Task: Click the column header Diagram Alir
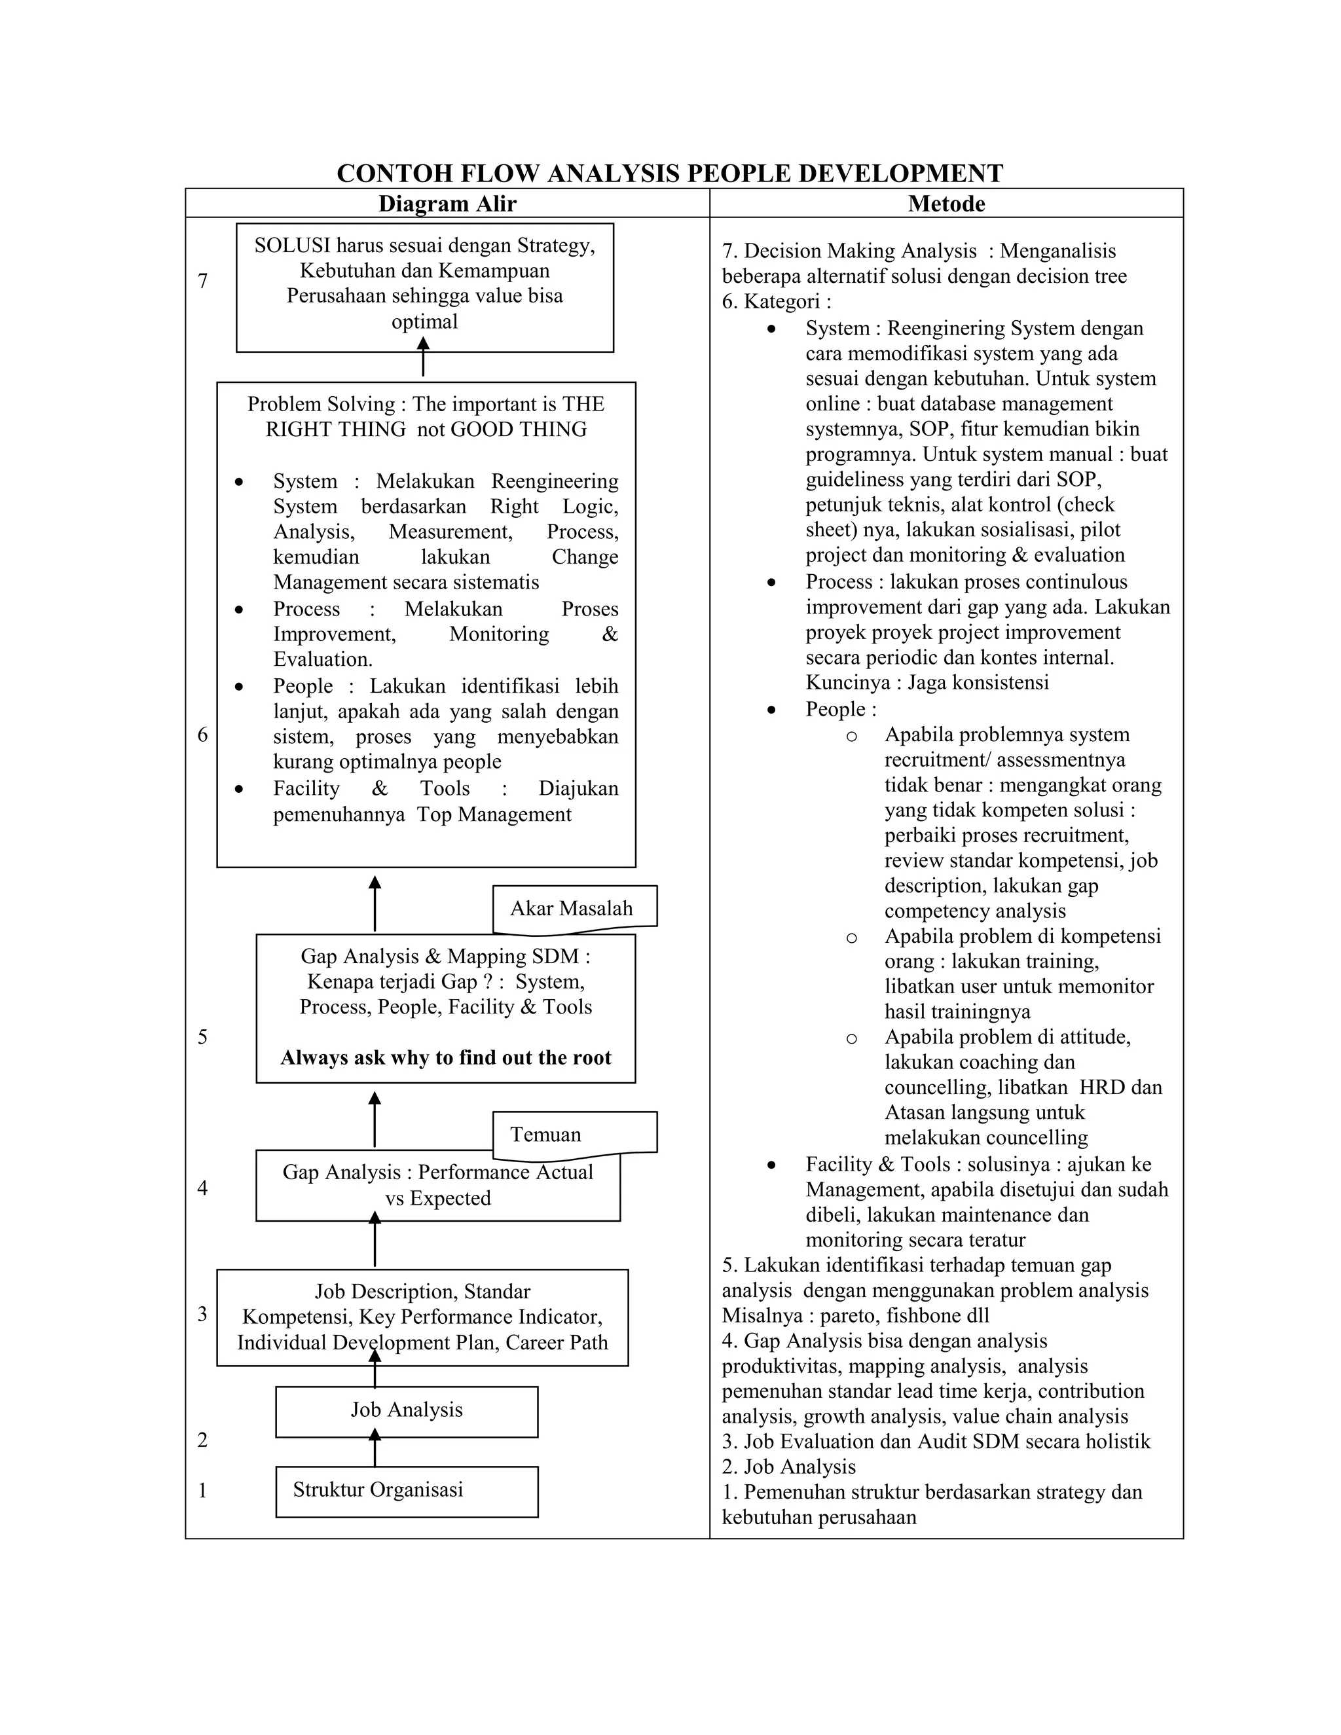coord(447,204)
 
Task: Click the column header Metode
coord(946,204)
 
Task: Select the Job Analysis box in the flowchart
coord(406,1410)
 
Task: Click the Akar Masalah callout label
coord(572,908)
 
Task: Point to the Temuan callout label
coord(546,1133)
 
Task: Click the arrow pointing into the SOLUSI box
coord(424,357)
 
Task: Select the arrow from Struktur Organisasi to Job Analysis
coord(375,1448)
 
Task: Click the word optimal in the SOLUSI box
coord(424,321)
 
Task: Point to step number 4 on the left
coord(202,1188)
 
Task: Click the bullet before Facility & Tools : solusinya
coord(771,1165)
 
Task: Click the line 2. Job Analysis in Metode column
coord(788,1467)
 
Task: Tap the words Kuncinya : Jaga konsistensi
coord(927,682)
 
